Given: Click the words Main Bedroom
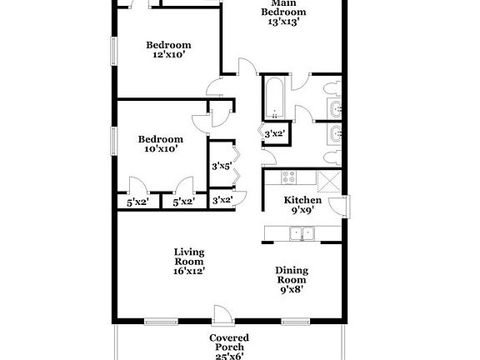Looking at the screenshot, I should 283,7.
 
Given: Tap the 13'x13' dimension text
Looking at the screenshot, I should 283,22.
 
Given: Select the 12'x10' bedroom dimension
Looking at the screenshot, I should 168,56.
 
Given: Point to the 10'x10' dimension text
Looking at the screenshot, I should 160,150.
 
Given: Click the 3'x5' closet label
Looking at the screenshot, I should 221,167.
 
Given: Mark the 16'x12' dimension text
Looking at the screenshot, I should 189,271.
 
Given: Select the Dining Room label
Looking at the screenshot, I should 292,275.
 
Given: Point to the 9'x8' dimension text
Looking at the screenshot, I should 292,290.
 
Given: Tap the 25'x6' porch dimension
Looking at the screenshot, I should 228,356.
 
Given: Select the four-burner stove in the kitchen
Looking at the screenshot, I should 289,177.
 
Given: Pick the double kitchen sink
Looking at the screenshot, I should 302,233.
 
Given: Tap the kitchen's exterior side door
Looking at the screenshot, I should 341,207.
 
